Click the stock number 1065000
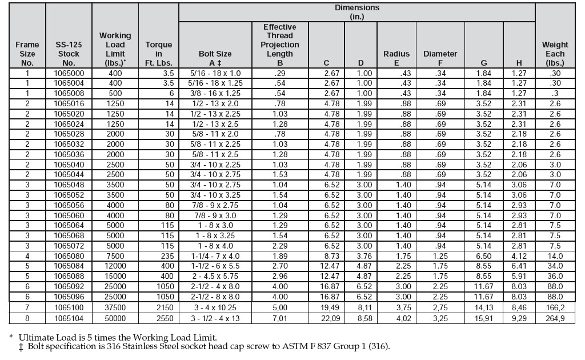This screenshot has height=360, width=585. (x=69, y=74)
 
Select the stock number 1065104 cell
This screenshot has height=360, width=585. (x=69, y=319)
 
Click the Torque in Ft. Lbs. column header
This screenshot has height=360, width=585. (x=158, y=54)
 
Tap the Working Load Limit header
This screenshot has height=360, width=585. (x=115, y=49)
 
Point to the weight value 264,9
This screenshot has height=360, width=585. (x=555, y=319)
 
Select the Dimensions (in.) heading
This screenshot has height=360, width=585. (x=356, y=12)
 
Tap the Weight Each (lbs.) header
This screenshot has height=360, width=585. (x=555, y=54)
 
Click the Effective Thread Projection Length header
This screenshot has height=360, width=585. (x=280, y=45)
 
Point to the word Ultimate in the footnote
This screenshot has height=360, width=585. (x=37, y=337)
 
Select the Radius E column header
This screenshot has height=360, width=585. (x=396, y=58)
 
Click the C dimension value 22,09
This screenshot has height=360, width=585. (x=326, y=319)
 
